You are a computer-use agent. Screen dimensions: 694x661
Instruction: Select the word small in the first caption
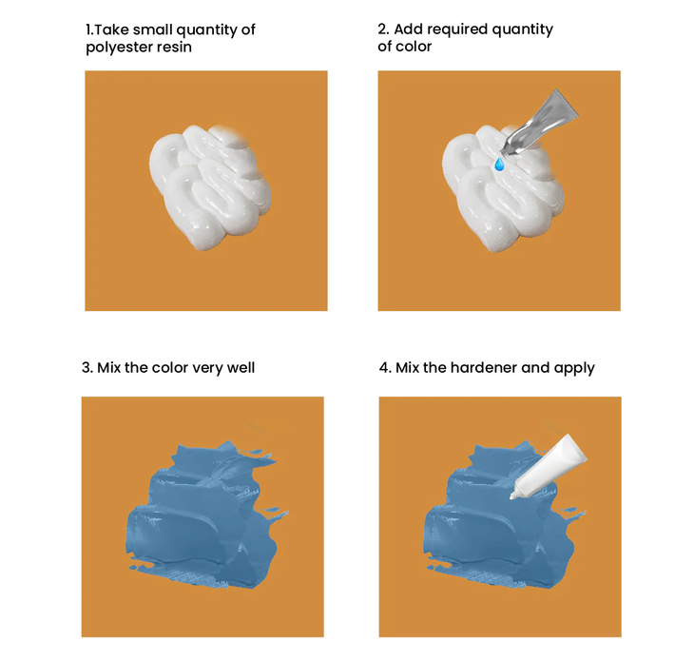click(x=152, y=29)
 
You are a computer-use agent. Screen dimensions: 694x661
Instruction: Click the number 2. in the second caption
click(x=383, y=29)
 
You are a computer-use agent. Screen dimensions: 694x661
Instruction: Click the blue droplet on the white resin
click(x=499, y=165)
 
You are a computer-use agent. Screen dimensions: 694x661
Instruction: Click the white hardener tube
click(x=548, y=466)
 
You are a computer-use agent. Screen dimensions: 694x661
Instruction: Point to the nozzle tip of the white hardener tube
click(x=512, y=496)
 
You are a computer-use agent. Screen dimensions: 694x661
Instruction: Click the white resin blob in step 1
click(x=210, y=187)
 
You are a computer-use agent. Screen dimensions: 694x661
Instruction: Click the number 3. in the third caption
click(x=87, y=368)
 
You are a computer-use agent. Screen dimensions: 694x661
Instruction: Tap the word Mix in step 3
click(x=109, y=368)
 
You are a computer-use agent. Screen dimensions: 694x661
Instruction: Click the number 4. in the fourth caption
click(x=385, y=368)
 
